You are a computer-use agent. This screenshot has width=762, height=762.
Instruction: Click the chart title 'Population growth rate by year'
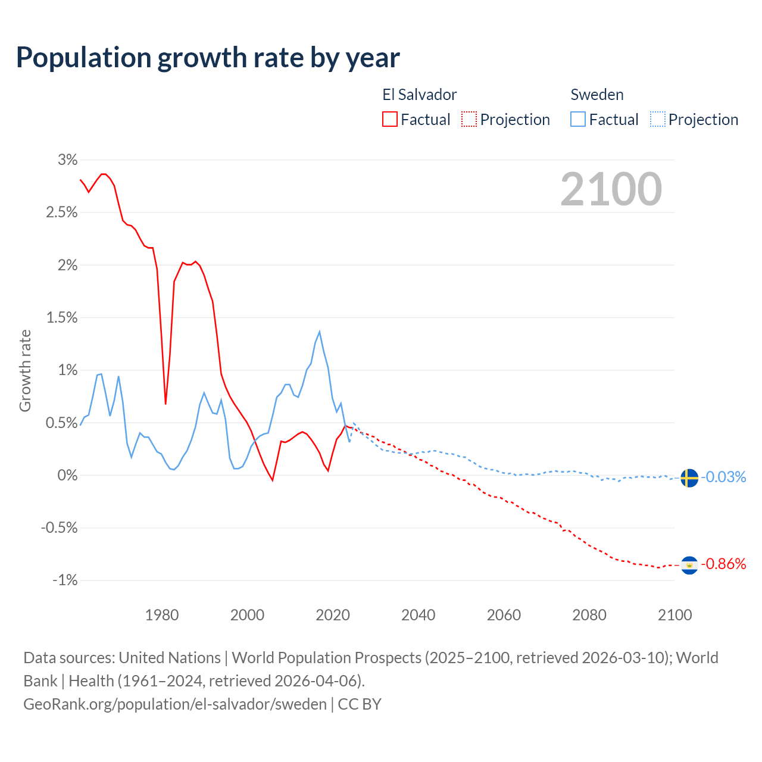click(x=208, y=58)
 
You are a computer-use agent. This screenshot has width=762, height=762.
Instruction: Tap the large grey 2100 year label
click(x=611, y=189)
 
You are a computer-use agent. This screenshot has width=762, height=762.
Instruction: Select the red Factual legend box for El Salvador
click(x=390, y=119)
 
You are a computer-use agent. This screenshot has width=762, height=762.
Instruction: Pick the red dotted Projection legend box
click(x=469, y=119)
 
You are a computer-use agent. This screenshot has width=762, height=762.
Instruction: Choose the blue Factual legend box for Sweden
click(x=578, y=119)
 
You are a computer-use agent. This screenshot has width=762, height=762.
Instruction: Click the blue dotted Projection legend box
click(x=658, y=119)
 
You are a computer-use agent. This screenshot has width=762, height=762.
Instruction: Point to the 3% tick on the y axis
click(x=68, y=160)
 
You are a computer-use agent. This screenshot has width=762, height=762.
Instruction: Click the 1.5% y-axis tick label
click(x=62, y=318)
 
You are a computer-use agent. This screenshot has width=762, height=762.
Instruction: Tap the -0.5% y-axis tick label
click(x=60, y=527)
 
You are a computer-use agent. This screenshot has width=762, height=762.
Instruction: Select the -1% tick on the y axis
click(x=65, y=580)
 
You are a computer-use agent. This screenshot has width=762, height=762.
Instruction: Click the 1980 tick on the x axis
click(x=162, y=615)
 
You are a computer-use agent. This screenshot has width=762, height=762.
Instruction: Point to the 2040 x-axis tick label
click(x=418, y=615)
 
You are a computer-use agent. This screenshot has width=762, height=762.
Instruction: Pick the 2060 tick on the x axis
click(x=504, y=615)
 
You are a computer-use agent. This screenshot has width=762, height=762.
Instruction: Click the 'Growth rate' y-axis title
click(x=25, y=370)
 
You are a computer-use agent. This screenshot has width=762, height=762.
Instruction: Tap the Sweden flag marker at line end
click(x=689, y=477)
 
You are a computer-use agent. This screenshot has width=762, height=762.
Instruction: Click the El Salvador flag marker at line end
click(x=689, y=564)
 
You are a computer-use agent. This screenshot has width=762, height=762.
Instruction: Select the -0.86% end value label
click(x=723, y=564)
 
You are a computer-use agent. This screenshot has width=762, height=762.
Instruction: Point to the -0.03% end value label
click(x=723, y=477)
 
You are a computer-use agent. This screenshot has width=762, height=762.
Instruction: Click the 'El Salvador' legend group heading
click(x=419, y=95)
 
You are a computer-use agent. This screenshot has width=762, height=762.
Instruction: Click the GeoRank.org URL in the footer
click(x=175, y=704)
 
